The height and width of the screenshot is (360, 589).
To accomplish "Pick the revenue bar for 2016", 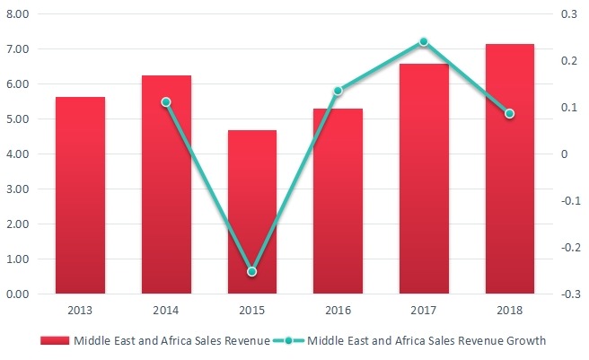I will tap(338, 201).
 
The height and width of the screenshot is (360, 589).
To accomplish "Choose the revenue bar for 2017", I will tap(424, 179).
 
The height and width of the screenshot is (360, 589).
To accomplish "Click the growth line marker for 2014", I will tap(166, 102).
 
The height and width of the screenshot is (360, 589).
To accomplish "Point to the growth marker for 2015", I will tap(252, 271).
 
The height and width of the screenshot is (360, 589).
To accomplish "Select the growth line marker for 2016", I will tap(338, 91).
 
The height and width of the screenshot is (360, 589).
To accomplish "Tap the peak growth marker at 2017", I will tap(424, 41).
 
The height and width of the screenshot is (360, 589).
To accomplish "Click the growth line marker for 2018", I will tap(509, 114).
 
